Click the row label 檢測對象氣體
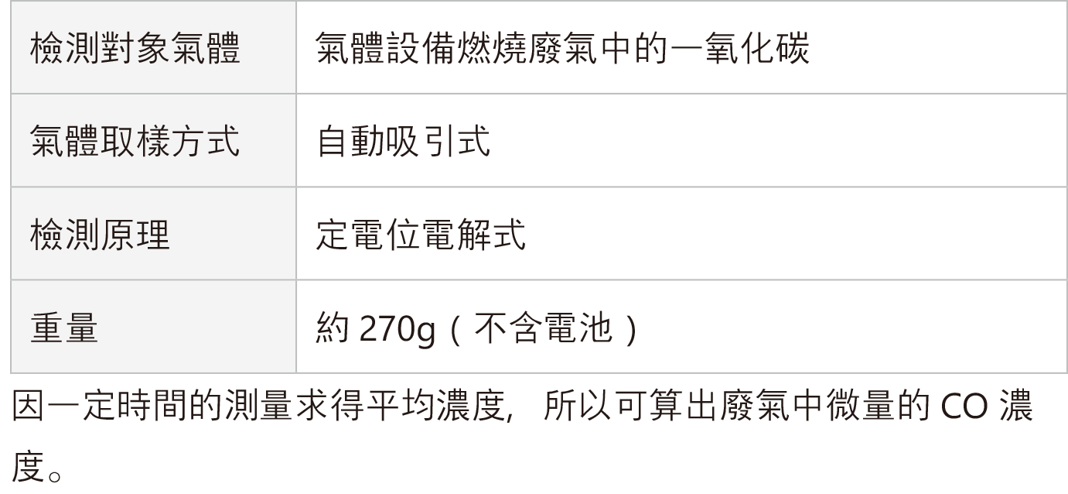pyautogui.click(x=135, y=48)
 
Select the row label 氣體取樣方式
pyautogui.click(x=135, y=141)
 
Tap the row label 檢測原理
pyautogui.click(x=100, y=235)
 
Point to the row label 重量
pyautogui.click(x=64, y=328)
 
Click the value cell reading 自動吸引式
pyautogui.click(x=404, y=141)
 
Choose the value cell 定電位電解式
pyautogui.click(x=421, y=235)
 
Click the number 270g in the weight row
pyautogui.click(x=398, y=329)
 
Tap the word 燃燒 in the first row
pyautogui.click(x=492, y=48)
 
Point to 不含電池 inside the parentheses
pyautogui.click(x=543, y=328)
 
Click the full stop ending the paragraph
pyautogui.click(x=55, y=476)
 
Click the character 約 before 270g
pyautogui.click(x=333, y=328)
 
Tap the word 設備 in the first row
pyautogui.click(x=421, y=48)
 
